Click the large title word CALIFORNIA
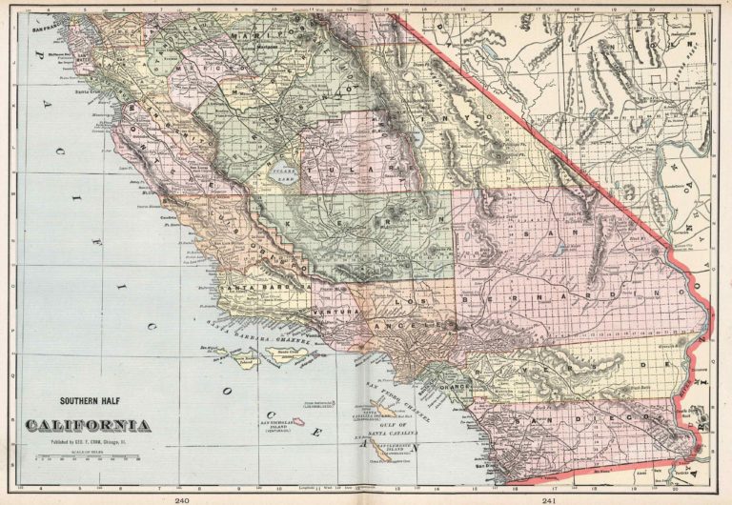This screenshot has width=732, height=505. pyautogui.click(x=87, y=424)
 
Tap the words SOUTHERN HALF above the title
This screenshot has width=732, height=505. pyautogui.click(x=87, y=402)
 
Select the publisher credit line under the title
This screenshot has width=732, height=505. pyautogui.click(x=87, y=441)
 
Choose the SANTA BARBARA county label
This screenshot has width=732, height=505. pyautogui.click(x=267, y=285)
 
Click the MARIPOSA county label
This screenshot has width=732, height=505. pyautogui.click(x=255, y=40)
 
